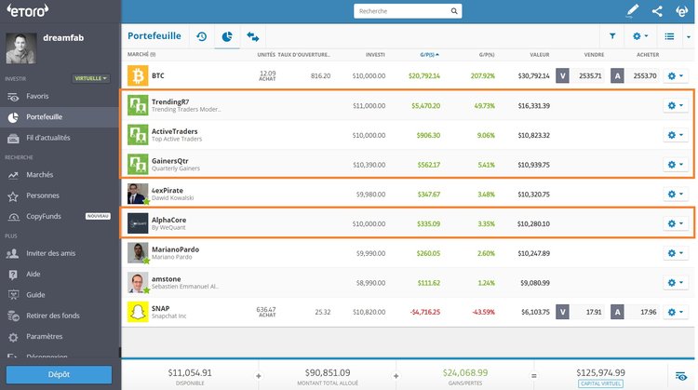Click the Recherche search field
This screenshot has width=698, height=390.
pos(400,12)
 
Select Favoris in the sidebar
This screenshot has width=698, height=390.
pos(38,96)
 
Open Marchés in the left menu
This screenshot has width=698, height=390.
pos(40,175)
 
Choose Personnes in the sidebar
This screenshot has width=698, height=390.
pos(43,195)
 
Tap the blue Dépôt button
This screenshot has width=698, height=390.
pos(60,375)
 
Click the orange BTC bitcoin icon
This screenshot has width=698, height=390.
pos(138,75)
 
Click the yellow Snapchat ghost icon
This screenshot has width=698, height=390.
pos(138,312)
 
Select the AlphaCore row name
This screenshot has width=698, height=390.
pos(168,220)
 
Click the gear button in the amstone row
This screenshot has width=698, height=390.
pos(676,283)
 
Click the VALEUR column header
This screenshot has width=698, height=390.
pos(540,55)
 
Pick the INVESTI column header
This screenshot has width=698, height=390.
pos(375,55)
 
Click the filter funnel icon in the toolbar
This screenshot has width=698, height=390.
pos(612,36)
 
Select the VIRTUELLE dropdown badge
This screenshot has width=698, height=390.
pos(92,79)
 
